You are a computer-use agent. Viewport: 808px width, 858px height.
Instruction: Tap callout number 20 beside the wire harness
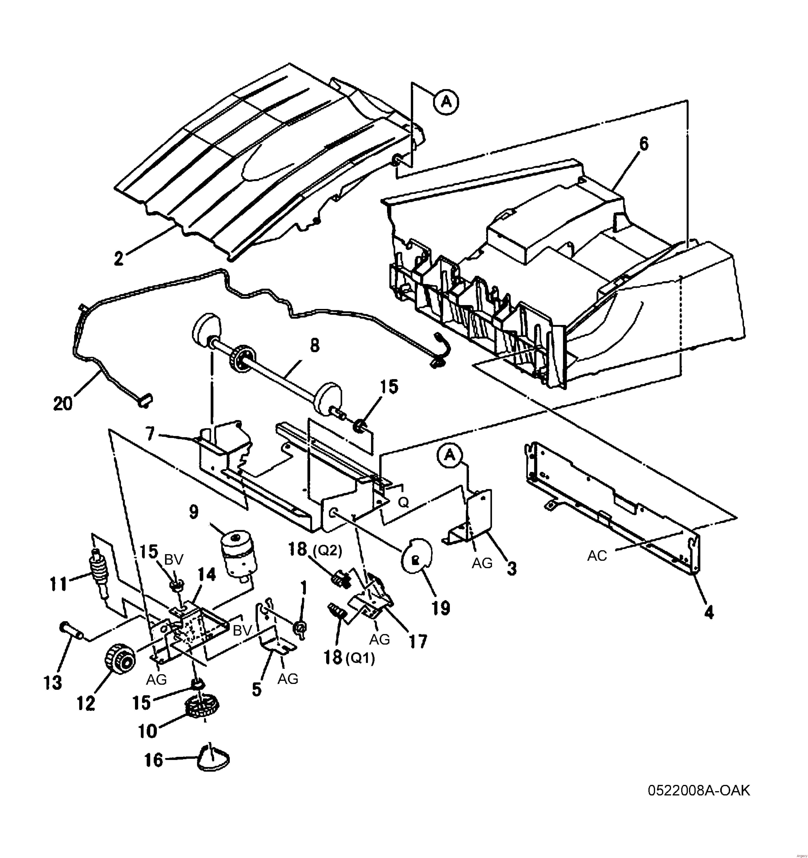(63, 403)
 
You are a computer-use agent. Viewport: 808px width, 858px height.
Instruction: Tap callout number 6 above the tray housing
(644, 144)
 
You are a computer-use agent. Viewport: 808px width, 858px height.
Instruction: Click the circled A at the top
(446, 102)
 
